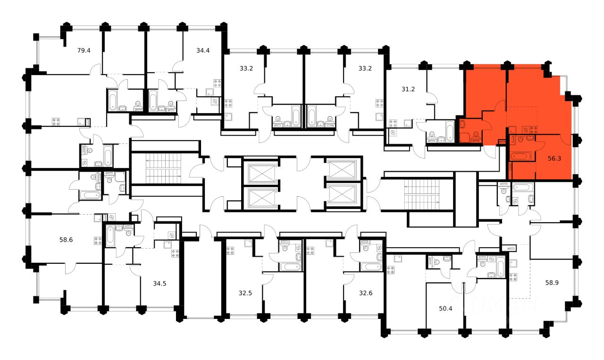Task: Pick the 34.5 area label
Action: click(x=160, y=284)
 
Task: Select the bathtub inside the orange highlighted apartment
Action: click(x=521, y=156)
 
